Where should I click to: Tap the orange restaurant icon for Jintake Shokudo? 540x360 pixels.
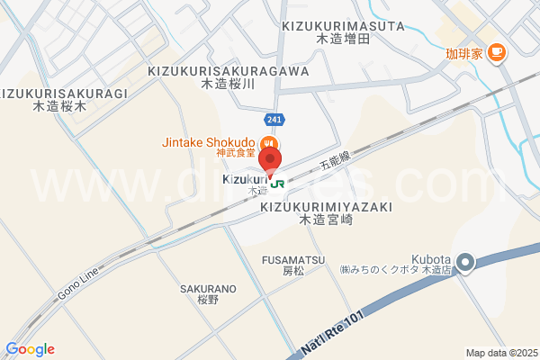point(268,144)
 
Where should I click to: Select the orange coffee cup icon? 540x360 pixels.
point(496,53)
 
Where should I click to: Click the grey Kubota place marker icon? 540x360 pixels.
point(464,263)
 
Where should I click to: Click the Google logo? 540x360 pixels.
point(30,349)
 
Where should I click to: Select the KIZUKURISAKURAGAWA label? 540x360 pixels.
point(229,70)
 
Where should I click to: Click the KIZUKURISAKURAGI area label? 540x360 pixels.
point(64,93)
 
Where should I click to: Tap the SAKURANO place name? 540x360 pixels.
point(207,289)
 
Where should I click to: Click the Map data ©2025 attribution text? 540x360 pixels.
point(500,352)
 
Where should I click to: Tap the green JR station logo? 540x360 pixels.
point(278,182)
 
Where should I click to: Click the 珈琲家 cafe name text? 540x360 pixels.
point(464,53)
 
